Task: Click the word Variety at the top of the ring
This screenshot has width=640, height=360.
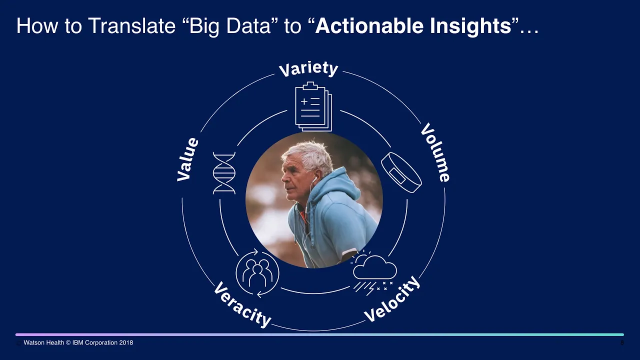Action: click(x=308, y=69)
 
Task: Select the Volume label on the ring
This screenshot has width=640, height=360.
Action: click(x=435, y=152)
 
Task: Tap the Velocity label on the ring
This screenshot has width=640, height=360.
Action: click(x=392, y=299)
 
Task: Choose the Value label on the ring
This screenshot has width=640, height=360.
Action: click(x=187, y=159)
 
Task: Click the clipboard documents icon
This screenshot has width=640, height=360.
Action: click(x=313, y=106)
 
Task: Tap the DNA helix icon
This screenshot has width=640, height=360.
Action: click(x=224, y=173)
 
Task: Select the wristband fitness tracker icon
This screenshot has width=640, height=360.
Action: click(x=401, y=172)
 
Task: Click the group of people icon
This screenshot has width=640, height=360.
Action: click(x=257, y=273)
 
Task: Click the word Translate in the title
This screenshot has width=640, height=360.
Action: click(x=131, y=25)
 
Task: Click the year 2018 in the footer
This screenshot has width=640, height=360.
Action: click(x=126, y=342)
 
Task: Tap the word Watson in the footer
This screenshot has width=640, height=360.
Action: click(x=33, y=342)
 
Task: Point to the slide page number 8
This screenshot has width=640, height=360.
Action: click(x=622, y=342)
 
